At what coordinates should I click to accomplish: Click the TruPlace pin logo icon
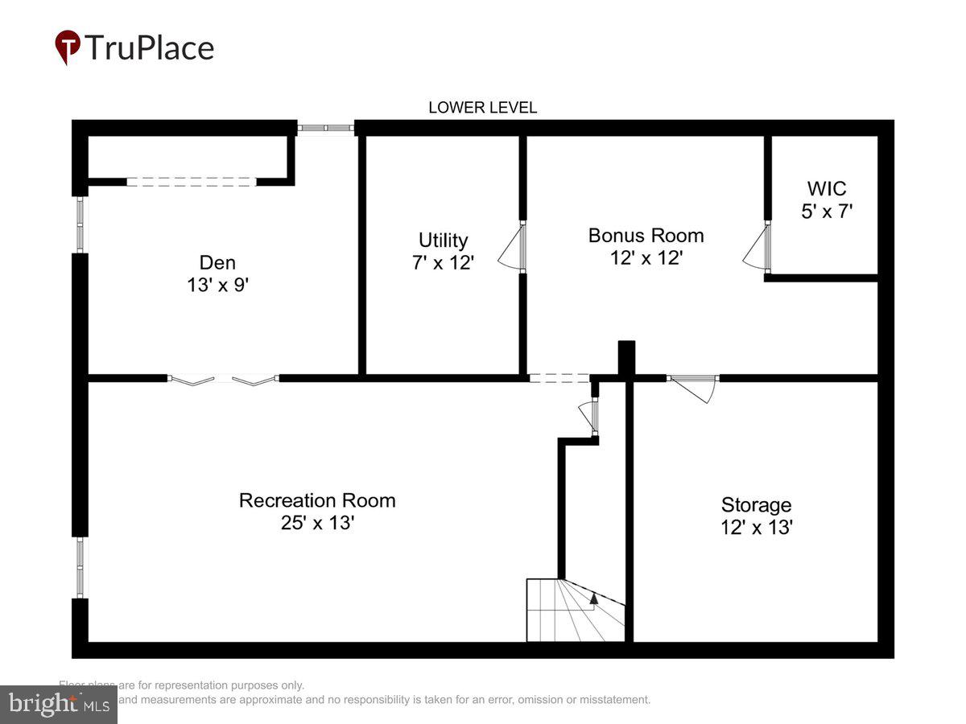(68, 47)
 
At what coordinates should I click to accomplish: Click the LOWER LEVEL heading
(482, 108)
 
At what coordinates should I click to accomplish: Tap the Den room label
(217, 262)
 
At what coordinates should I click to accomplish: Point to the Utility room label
(443, 240)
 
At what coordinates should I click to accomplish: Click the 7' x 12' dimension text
(443, 262)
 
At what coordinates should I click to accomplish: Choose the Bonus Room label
(646, 235)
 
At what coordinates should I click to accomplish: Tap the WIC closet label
(827, 189)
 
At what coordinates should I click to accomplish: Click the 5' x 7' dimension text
(827, 212)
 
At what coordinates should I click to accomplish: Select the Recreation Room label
(317, 500)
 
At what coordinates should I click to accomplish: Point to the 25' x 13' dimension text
(317, 523)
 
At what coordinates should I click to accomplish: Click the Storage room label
(756, 505)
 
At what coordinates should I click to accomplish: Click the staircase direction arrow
(594, 598)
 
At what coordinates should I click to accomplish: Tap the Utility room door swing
(512, 246)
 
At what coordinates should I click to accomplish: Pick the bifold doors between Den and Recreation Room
(223, 378)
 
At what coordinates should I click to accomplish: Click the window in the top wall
(325, 127)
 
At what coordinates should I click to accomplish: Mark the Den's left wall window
(80, 224)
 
